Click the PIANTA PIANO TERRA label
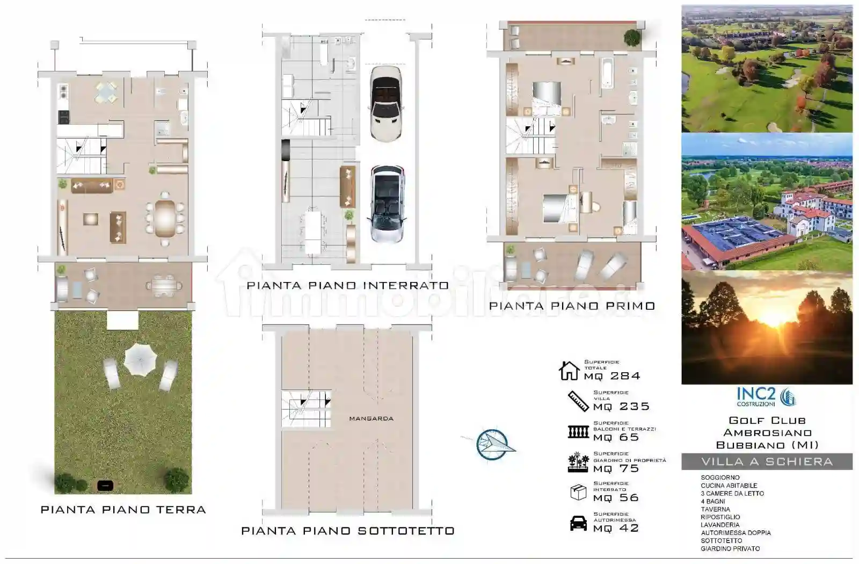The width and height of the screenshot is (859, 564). click(123, 510)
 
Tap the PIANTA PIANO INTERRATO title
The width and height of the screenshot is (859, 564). click(348, 285)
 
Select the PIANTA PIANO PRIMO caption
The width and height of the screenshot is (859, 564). click(572, 306)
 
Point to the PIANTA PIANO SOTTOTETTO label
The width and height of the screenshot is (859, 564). click(348, 531)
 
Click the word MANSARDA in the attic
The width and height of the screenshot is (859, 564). click(371, 418)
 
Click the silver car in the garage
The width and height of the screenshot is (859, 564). click(387, 204)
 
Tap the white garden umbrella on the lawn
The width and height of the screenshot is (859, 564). click(140, 359)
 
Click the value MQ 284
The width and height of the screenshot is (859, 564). click(612, 376)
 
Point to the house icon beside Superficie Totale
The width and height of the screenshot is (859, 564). click(569, 371)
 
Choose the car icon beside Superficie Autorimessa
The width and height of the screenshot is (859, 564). click(578, 523)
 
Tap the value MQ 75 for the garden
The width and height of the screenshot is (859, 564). click(616, 468)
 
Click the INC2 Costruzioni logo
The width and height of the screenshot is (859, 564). click(766, 397)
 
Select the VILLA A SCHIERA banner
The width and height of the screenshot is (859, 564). click(767, 461)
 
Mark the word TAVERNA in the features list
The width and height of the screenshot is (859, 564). click(715, 509)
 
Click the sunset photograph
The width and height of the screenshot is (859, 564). click(767, 327)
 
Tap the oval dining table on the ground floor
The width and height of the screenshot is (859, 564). click(165, 219)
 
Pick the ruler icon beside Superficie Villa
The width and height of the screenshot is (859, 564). click(578, 401)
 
